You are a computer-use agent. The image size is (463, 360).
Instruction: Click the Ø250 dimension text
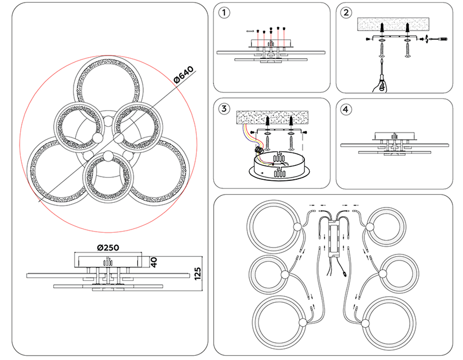108,248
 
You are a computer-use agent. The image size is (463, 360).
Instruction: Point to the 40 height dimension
154,262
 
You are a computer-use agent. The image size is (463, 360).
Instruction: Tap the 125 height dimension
198,274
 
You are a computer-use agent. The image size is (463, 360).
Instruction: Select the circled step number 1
224,13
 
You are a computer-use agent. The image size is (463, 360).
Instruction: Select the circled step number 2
346,13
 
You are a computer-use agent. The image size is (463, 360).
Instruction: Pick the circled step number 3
224,109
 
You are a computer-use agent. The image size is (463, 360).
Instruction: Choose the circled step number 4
346,109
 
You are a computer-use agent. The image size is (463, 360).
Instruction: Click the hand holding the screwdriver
380,85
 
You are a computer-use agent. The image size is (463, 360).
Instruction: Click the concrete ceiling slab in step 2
393,24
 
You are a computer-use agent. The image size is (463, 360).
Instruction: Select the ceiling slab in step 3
272,117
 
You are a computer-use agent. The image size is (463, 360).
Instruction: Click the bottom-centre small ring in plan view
108,178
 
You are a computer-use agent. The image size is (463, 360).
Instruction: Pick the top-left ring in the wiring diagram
273,226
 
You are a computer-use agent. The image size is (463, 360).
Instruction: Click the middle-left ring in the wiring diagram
268,274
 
